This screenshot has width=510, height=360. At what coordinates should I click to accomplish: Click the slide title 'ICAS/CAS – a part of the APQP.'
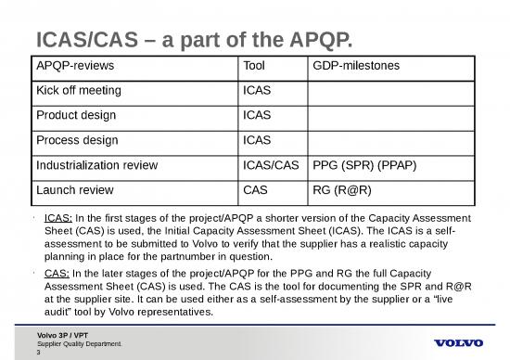pyautogui.click(x=195, y=39)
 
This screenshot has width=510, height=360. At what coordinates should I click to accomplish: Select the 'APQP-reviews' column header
pyautogui.click(x=71, y=68)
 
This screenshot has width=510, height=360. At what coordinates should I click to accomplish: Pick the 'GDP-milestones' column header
pyautogui.click(x=353, y=68)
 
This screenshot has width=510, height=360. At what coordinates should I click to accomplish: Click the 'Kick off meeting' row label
pyautogui.click(x=76, y=93)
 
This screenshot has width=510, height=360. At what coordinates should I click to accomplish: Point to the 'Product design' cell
pyautogui.click(x=72, y=117)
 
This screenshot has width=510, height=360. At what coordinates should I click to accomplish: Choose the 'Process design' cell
pyautogui.click(x=73, y=141)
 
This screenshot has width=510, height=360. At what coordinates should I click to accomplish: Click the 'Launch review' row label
pyautogui.click(x=70, y=189)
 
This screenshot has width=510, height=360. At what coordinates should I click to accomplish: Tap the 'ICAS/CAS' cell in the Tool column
pyautogui.click(x=269, y=165)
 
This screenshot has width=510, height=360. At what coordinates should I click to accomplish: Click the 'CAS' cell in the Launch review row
pyautogui.click(x=253, y=189)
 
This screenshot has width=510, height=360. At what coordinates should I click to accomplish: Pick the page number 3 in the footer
pyautogui.click(x=38, y=353)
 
